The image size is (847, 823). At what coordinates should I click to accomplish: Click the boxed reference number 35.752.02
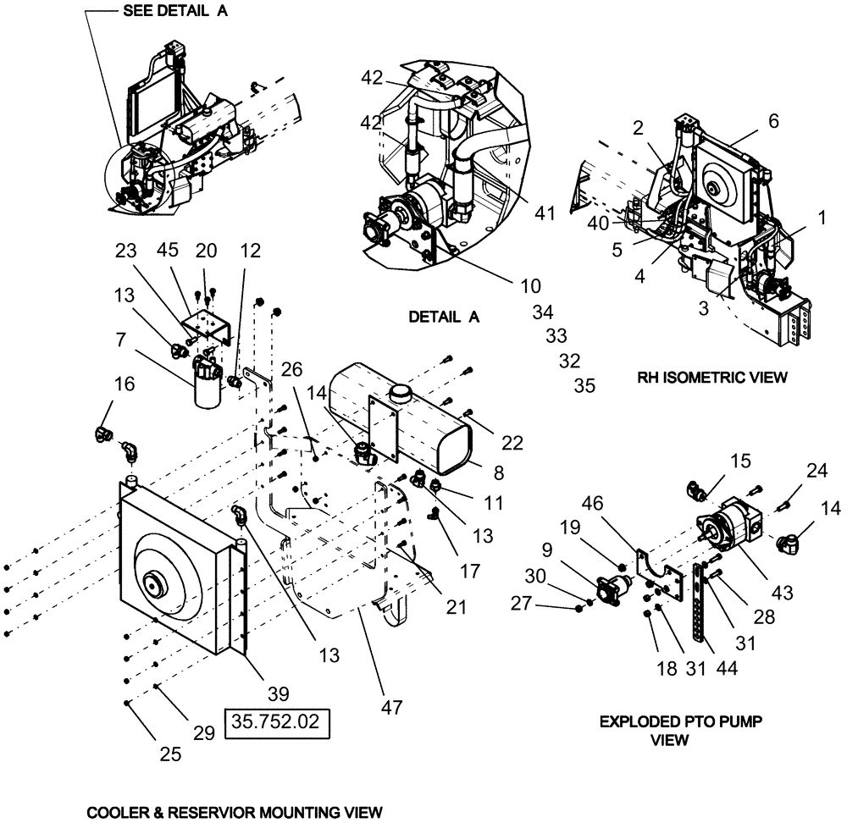pyautogui.click(x=276, y=726)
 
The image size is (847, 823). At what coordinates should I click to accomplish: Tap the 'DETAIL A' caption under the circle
pyautogui.click(x=445, y=317)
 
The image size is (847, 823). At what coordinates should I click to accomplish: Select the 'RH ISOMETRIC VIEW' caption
pyautogui.click(x=711, y=378)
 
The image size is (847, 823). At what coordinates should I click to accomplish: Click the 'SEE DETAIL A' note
pyautogui.click(x=175, y=11)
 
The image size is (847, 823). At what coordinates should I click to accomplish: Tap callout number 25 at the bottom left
pyautogui.click(x=170, y=753)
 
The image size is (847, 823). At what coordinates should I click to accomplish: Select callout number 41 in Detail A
pyautogui.click(x=544, y=213)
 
